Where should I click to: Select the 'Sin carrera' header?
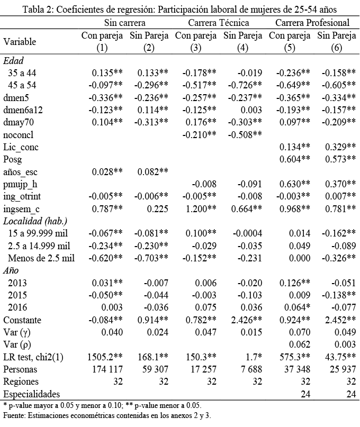(125, 22)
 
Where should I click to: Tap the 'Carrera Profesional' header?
(312, 22)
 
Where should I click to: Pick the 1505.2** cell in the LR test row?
(103, 356)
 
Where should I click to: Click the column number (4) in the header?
(243, 48)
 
